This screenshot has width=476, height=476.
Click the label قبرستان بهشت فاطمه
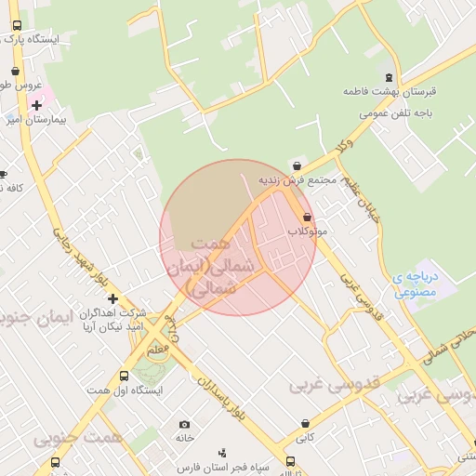click(390, 93)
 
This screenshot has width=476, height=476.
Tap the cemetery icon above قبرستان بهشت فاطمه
click(389, 76)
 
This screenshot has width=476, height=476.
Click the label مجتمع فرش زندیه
click(296, 179)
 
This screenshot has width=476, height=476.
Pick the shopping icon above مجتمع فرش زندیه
click(297, 165)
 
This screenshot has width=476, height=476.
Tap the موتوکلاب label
click(307, 230)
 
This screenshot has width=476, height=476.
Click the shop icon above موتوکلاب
click(307, 216)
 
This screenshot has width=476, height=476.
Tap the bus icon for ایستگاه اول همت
click(124, 376)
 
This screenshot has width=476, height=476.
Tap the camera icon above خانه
click(183, 424)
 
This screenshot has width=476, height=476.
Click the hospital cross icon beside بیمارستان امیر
click(36, 105)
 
